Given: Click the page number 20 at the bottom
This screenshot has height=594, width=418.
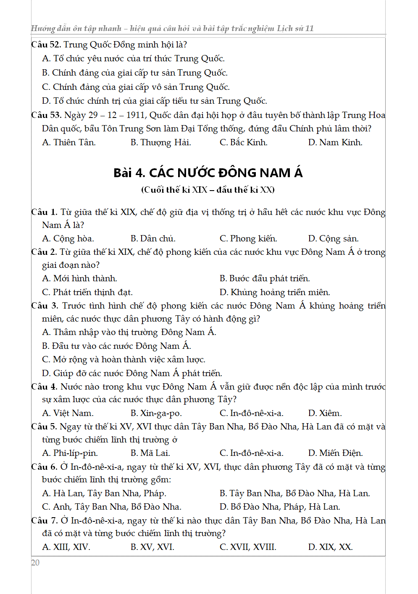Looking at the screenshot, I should click(x=35, y=563).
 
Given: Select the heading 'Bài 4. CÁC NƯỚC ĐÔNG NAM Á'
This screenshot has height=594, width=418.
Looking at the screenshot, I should click(x=208, y=173).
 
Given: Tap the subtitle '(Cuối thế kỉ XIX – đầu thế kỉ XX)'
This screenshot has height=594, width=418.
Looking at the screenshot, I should click(x=208, y=190).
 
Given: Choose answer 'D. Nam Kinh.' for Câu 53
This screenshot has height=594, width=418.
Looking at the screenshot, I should click(x=335, y=142).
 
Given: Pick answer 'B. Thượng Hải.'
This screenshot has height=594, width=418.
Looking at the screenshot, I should click(x=160, y=142).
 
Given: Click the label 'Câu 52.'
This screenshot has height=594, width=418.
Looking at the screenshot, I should click(x=46, y=44).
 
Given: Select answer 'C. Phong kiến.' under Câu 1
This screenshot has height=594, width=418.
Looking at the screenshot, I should click(x=248, y=238).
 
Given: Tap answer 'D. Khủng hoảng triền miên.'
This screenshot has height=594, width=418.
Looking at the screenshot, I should click(x=274, y=292).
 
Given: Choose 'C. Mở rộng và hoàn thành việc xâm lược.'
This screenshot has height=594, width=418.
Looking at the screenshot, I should click(x=124, y=359).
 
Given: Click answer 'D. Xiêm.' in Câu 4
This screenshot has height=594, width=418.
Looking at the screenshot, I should click(x=325, y=413).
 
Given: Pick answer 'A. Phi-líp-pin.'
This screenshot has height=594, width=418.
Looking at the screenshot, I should click(x=70, y=453).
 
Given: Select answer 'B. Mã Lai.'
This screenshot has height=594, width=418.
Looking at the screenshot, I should click(x=150, y=453).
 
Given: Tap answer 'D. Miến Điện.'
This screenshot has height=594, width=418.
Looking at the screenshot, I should click(x=335, y=453).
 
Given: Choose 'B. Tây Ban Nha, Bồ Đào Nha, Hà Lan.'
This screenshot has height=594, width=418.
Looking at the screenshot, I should click(x=294, y=493).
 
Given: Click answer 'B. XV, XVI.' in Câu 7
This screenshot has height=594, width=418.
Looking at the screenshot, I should click(x=152, y=547).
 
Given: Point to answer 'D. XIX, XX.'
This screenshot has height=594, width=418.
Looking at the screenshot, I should click(x=330, y=547).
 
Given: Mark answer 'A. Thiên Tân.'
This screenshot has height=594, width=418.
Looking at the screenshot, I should click(x=69, y=142).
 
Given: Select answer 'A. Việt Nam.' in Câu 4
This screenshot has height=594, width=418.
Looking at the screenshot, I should click(x=68, y=413).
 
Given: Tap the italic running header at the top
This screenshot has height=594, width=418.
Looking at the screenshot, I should click(x=172, y=29).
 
